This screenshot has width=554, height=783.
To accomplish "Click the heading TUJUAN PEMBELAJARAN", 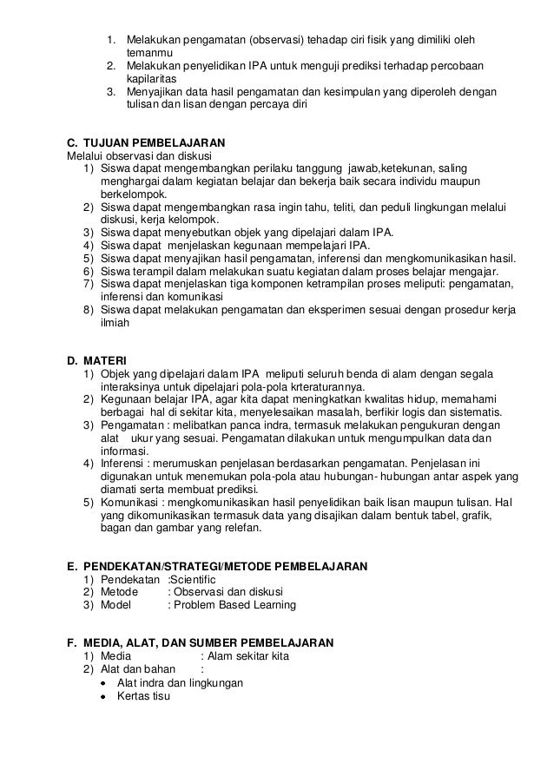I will pos(153,141).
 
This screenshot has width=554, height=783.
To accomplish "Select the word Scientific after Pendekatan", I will pos(192,579).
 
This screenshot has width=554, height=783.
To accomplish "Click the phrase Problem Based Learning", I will pos(232,605).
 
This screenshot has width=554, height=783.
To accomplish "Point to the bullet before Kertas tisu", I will pos(102,696).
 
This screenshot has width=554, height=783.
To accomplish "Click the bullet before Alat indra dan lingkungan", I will pos(102,683).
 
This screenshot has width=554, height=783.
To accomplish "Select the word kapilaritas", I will pos(155,78).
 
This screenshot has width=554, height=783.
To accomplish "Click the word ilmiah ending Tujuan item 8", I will pos(115,321).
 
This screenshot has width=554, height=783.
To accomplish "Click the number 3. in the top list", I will pos(111,91).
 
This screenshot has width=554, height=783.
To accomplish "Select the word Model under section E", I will pos(116,605).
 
